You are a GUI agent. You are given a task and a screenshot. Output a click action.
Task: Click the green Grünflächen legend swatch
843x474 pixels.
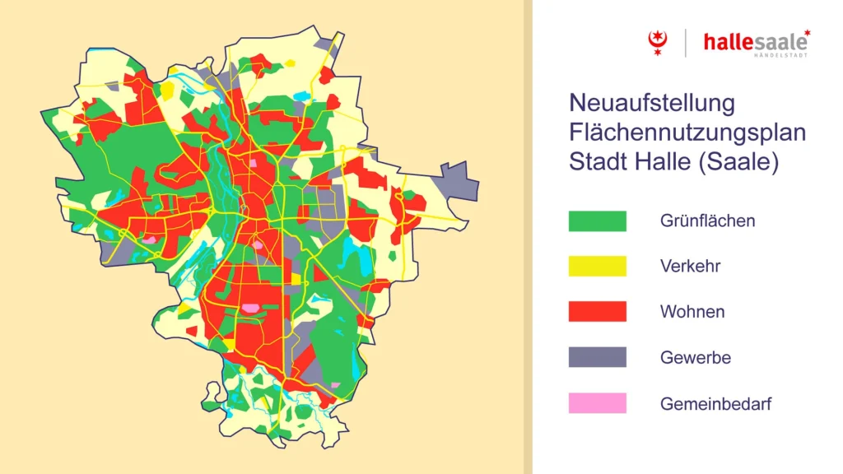coord(597,221)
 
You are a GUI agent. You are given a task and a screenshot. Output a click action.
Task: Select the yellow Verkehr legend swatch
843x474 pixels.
coord(597,267)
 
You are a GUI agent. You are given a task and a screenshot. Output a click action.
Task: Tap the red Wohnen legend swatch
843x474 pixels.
coord(597,312)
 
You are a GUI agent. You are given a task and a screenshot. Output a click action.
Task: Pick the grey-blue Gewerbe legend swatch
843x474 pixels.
coord(597,357)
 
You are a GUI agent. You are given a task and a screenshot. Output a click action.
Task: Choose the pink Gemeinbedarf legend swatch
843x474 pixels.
coord(597,403)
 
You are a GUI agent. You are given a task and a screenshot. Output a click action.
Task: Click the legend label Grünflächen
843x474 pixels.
coord(707,221)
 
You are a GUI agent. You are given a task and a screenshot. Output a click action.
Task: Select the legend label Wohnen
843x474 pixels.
coord(692,312)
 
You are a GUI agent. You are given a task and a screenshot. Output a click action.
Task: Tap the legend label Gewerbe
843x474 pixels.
coord(695,358)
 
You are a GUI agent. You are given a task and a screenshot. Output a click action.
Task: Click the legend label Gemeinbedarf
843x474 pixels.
coord(715,404)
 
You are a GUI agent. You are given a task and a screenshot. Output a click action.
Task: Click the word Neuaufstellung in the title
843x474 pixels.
coord(651,105)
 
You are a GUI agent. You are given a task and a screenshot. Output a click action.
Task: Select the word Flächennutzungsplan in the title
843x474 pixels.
coord(687,133)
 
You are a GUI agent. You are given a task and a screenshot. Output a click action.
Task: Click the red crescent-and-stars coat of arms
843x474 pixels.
coord(656,42)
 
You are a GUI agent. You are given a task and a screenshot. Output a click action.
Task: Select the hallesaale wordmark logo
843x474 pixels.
coord(752,42)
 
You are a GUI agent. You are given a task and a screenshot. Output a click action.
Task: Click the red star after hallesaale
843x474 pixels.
coord(807,34)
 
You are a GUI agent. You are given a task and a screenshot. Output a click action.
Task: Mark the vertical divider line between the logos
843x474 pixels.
coord(686,43)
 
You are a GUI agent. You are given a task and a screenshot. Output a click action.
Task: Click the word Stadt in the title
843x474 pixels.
coord(595,162)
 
